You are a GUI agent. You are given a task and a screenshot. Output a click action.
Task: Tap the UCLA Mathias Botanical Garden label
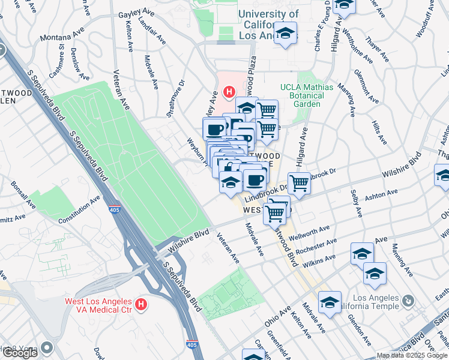coord(306,95)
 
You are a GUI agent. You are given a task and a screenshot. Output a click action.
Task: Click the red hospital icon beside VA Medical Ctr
coord(140,305)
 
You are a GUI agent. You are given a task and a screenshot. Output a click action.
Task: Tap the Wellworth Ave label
coord(309,232)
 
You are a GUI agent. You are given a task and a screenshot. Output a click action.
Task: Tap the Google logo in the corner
coord(19,353)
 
